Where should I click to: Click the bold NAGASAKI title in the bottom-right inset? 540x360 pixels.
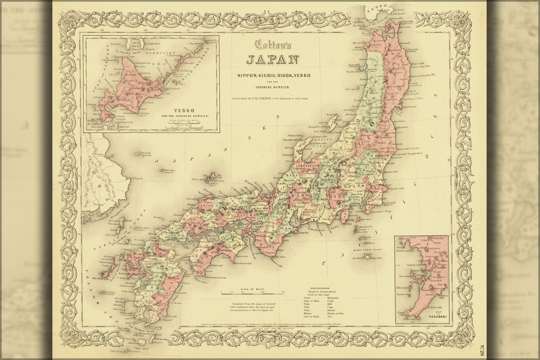click(x=437, y=317)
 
